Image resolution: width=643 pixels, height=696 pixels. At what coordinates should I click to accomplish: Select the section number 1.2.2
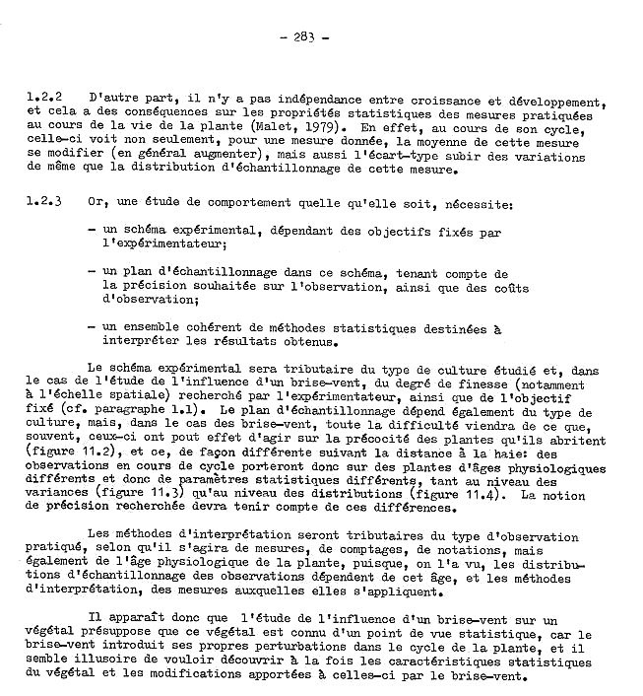point(46,100)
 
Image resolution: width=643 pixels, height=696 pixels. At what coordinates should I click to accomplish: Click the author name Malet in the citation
point(270,127)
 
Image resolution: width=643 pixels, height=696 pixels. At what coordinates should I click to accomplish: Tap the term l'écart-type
point(418,156)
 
